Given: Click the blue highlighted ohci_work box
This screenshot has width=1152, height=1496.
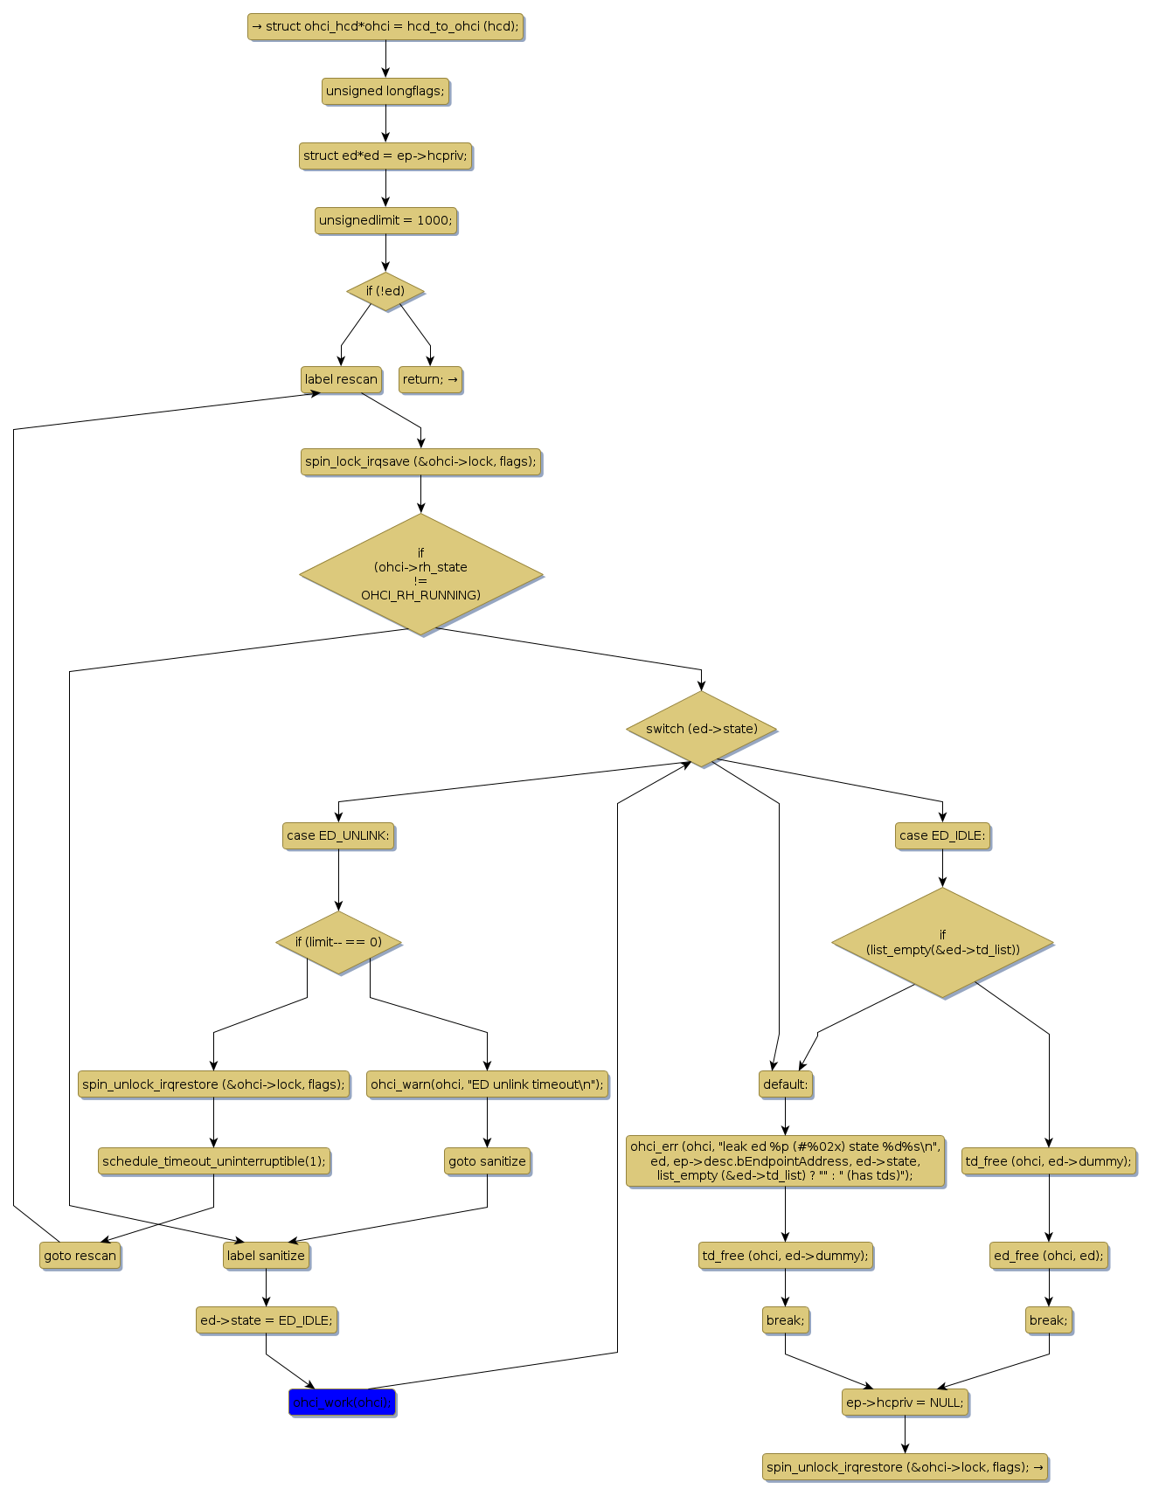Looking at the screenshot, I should pyautogui.click(x=342, y=1402).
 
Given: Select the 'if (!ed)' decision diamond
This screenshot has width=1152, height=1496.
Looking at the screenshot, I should pyautogui.click(x=385, y=291).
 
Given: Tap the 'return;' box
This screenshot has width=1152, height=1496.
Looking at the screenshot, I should pyautogui.click(x=430, y=379).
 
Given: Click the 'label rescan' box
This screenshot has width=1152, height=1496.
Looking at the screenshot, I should pyautogui.click(x=341, y=379).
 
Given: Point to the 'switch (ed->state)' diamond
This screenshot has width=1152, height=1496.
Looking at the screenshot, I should pyautogui.click(x=701, y=729).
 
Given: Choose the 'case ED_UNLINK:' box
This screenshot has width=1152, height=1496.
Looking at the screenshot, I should pyautogui.click(x=338, y=835).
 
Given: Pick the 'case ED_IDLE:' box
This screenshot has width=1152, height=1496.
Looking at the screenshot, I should pyautogui.click(x=942, y=835).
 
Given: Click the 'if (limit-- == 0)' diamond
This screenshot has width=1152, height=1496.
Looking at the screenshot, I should pyautogui.click(x=338, y=942).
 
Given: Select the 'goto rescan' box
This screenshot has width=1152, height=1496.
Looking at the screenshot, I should pyautogui.click(x=80, y=1256).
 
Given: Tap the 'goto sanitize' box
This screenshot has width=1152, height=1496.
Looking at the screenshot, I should pyautogui.click(x=487, y=1161).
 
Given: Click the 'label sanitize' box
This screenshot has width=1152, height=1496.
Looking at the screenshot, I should pyautogui.click(x=266, y=1256).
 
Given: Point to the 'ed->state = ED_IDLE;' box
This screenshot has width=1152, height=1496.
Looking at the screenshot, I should pyautogui.click(x=267, y=1320).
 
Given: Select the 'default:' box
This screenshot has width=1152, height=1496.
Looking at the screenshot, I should pyautogui.click(x=785, y=1084).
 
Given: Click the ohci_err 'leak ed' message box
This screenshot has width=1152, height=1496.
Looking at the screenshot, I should pyautogui.click(x=785, y=1161).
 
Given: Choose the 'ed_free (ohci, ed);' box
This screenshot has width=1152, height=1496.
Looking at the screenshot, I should pyautogui.click(x=1048, y=1256).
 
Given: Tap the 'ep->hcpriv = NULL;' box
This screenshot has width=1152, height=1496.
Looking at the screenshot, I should pyautogui.click(x=905, y=1402).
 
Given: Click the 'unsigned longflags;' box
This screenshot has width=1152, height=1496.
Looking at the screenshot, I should pyautogui.click(x=385, y=91).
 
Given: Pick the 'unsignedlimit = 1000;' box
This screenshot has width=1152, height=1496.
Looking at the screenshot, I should pyautogui.click(x=385, y=220).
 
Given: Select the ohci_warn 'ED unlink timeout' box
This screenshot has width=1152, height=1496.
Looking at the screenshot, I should pyautogui.click(x=487, y=1084).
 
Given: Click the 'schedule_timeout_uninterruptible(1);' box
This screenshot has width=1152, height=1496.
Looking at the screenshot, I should pyautogui.click(x=213, y=1161).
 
